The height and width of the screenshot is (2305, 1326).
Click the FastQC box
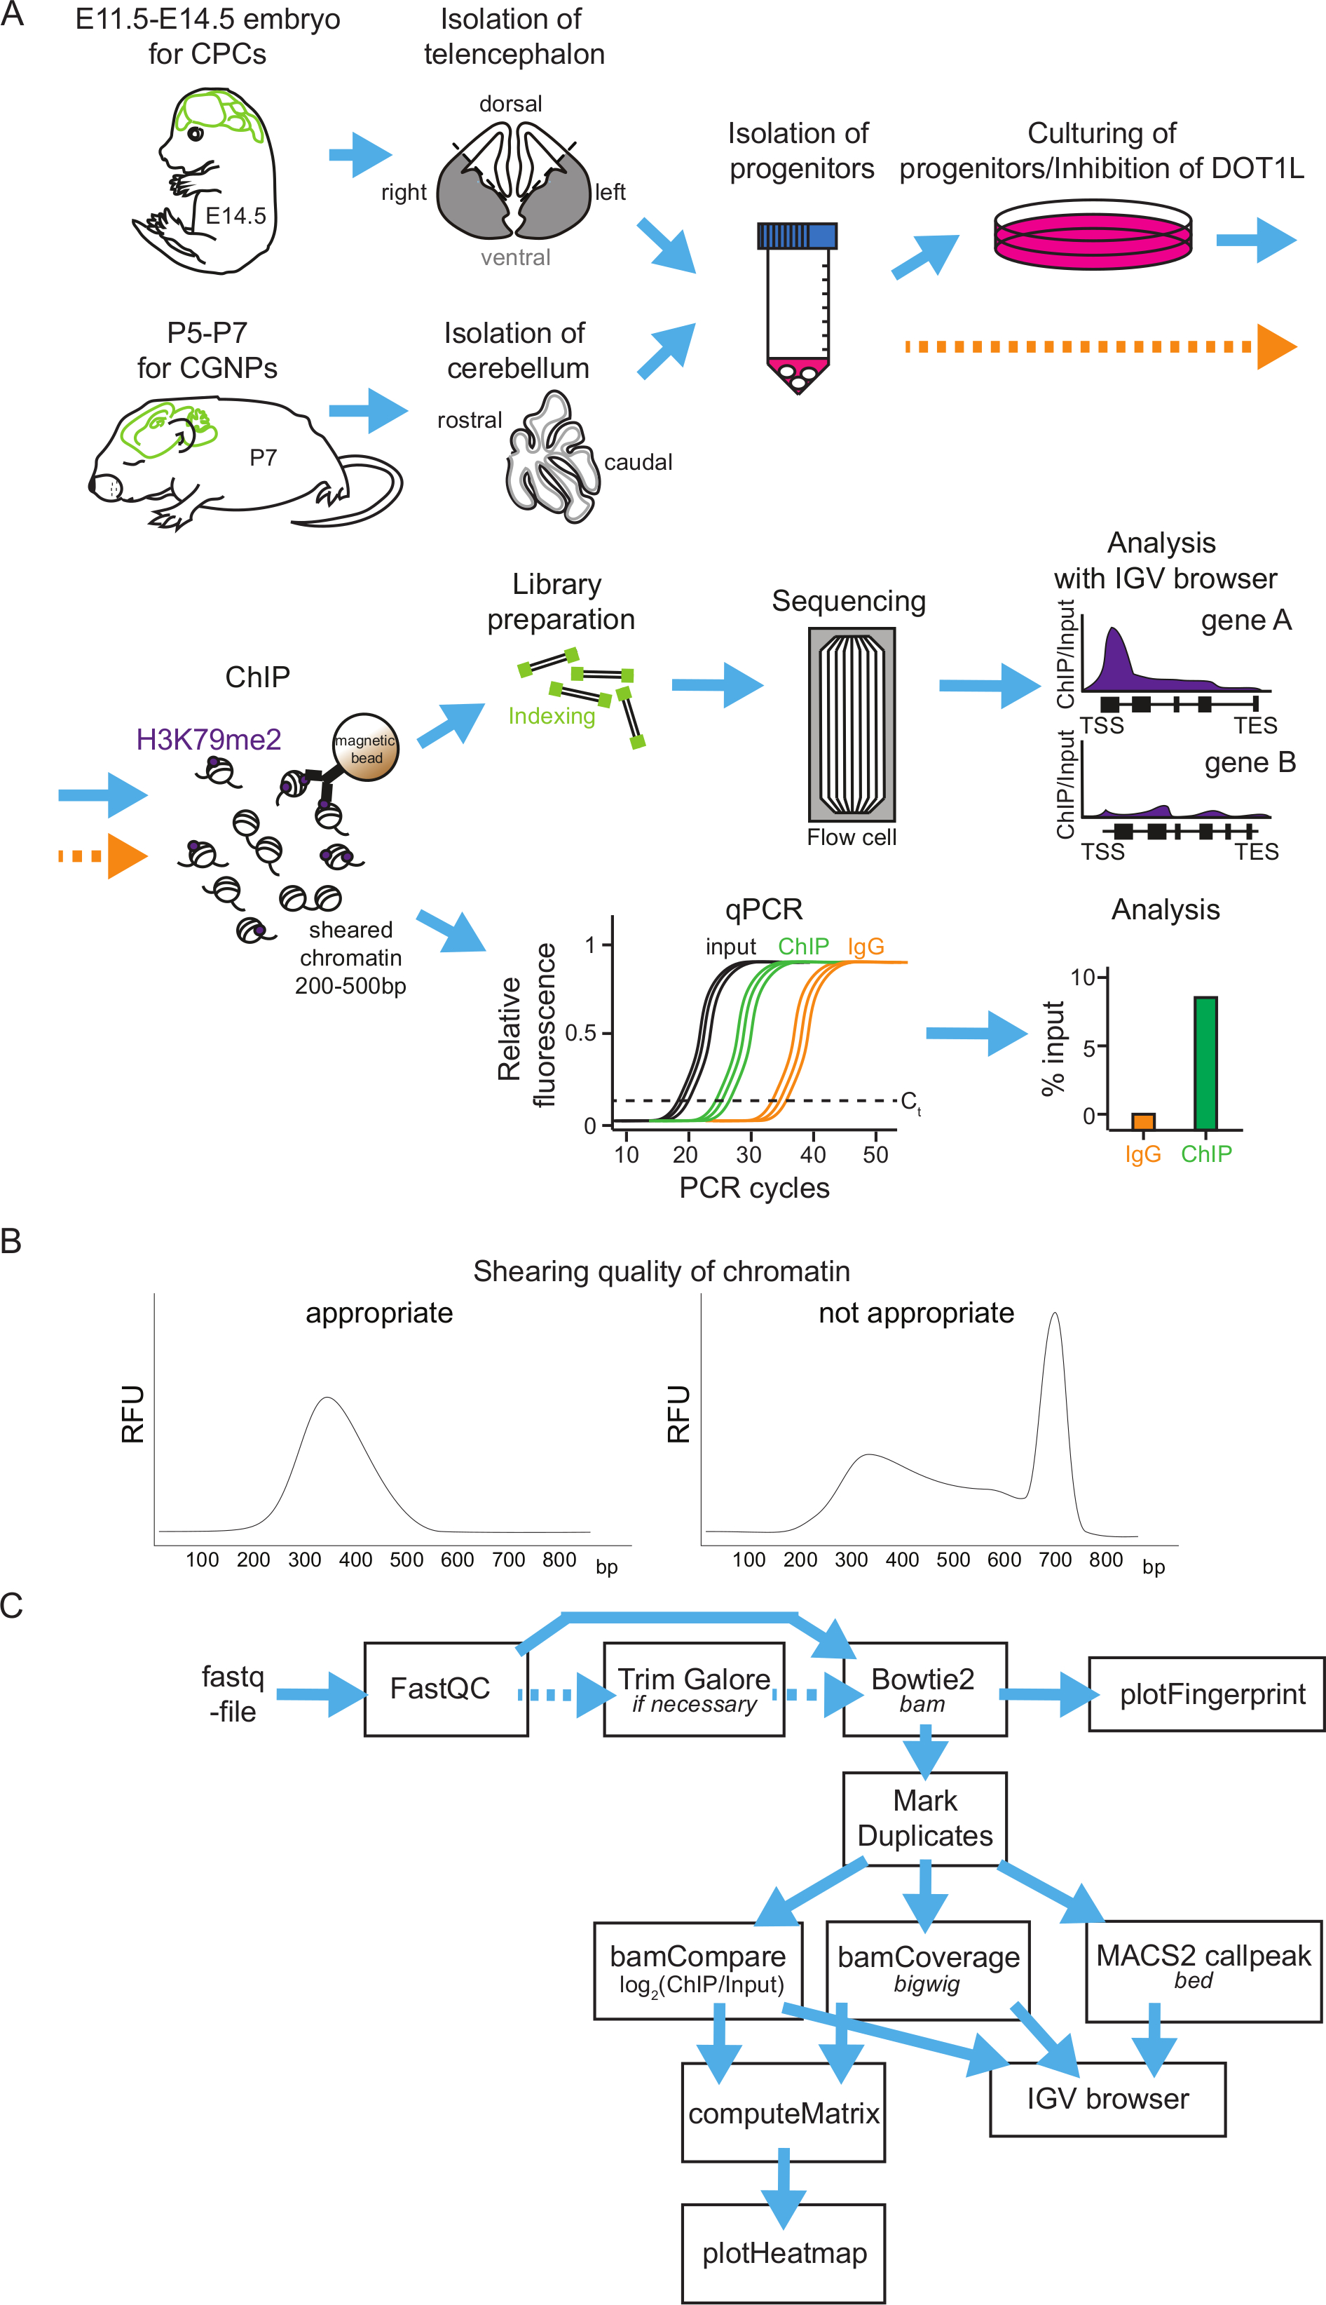point(445,1688)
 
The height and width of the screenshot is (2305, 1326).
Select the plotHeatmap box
point(784,2252)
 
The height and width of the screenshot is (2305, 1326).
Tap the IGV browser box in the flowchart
point(1107,2098)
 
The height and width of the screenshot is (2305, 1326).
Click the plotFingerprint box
point(1207,1694)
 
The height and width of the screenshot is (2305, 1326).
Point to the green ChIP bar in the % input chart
point(1205,1062)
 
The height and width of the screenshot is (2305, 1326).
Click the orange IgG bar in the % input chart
point(1143,1121)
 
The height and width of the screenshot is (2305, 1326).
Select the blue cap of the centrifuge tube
point(797,236)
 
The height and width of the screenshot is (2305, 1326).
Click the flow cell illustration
point(852,724)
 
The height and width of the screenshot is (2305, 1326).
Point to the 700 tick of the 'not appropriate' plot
point(1055,1559)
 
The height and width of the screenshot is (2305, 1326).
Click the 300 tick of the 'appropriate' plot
point(304,1559)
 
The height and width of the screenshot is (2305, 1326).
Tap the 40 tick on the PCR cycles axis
point(813,1154)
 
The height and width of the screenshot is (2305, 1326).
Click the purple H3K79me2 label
point(209,739)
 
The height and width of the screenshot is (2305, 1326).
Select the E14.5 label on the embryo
point(236,216)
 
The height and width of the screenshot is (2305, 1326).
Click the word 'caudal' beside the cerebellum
point(638,462)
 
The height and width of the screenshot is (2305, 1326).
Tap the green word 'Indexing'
point(552,716)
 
